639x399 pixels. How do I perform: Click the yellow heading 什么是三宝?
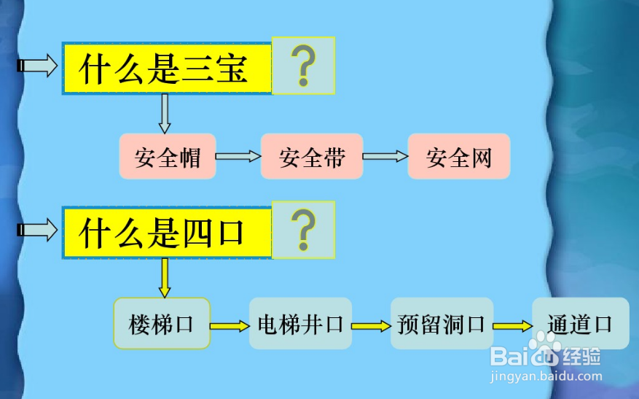[167, 69]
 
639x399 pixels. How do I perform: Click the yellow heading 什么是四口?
[167, 233]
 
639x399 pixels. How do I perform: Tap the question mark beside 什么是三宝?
[303, 66]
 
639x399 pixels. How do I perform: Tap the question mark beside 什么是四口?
[303, 229]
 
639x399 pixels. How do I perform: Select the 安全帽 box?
[168, 157]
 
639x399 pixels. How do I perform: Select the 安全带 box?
[312, 157]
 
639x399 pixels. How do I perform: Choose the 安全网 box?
[459, 157]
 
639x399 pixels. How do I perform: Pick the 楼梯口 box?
[161, 323]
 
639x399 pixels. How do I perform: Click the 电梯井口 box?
[300, 323]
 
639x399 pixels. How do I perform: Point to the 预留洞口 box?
[442, 323]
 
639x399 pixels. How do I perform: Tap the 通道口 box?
[580, 323]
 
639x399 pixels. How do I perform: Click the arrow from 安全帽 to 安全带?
[238, 156]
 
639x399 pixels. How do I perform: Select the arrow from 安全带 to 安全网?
[385, 156]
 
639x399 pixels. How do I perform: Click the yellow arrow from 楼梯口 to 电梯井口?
[230, 326]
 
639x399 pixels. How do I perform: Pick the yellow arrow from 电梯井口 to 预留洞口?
[371, 326]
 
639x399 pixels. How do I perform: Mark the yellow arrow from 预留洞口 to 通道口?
[512, 326]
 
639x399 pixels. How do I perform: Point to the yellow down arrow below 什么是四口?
[165, 277]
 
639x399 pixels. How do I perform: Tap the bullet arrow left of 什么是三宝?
[36, 66]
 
